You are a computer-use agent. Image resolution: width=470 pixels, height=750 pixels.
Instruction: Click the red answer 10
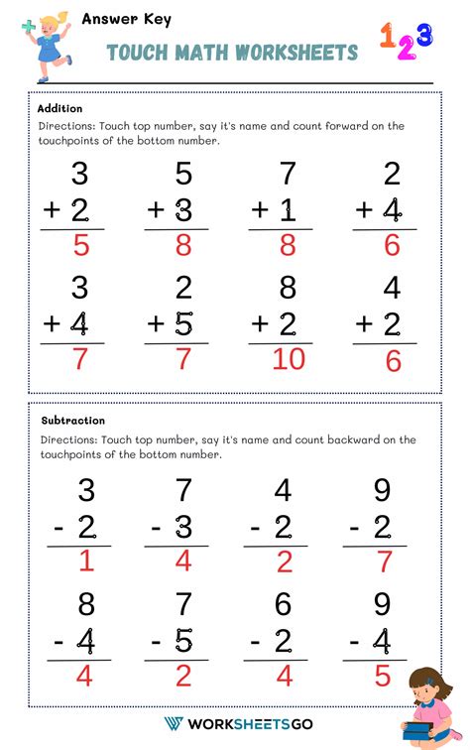click(x=288, y=358)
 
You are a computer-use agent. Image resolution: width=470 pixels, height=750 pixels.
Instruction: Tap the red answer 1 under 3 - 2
click(x=85, y=562)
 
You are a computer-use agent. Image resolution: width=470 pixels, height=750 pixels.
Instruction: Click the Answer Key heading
click(x=113, y=18)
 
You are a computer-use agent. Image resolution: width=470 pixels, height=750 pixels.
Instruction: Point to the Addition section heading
click(x=59, y=108)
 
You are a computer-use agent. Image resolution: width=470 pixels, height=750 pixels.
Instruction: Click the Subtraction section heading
click(x=71, y=421)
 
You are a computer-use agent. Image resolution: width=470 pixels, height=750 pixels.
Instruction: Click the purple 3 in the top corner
click(x=423, y=36)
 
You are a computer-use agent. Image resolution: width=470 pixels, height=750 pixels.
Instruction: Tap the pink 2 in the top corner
click(x=406, y=50)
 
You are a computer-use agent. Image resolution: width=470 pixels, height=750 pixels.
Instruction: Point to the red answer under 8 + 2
click(x=288, y=358)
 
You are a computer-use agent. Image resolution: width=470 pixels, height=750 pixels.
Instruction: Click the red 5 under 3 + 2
click(x=80, y=245)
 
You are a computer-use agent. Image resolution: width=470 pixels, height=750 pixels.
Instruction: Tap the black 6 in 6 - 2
click(x=284, y=604)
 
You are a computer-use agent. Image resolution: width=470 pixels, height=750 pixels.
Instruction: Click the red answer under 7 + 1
click(x=289, y=245)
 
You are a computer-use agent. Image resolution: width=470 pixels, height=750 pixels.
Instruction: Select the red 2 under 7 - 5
click(x=183, y=676)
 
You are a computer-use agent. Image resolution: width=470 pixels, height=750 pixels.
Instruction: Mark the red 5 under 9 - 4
click(x=383, y=676)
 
